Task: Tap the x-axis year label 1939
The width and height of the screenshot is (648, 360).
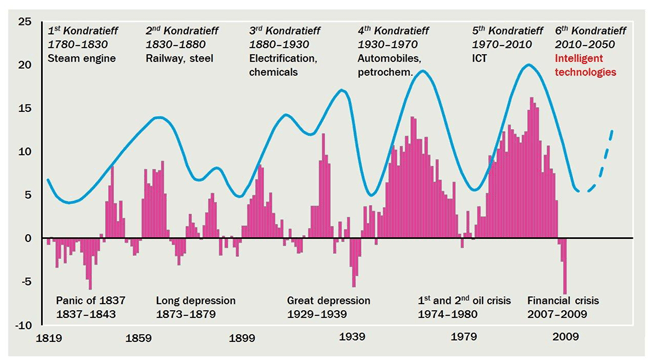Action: pos(351,340)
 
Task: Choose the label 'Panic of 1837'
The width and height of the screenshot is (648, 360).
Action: pos(90,300)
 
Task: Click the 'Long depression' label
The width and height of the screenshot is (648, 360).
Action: pos(196,300)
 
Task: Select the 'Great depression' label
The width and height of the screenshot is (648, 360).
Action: pos(328,300)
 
